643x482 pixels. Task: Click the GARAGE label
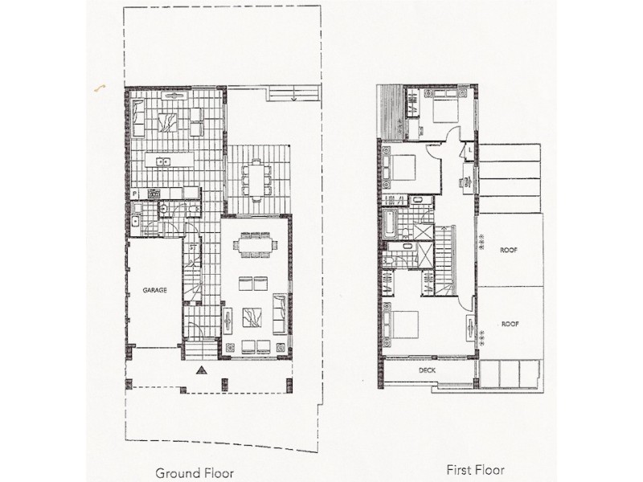pos(155,291)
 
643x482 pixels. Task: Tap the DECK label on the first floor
pos(427,370)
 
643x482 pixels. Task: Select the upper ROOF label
pos(507,250)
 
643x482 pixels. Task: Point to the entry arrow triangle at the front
pos(201,371)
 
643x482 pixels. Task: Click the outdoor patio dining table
pos(257,180)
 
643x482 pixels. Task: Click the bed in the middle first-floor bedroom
pos(401,168)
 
